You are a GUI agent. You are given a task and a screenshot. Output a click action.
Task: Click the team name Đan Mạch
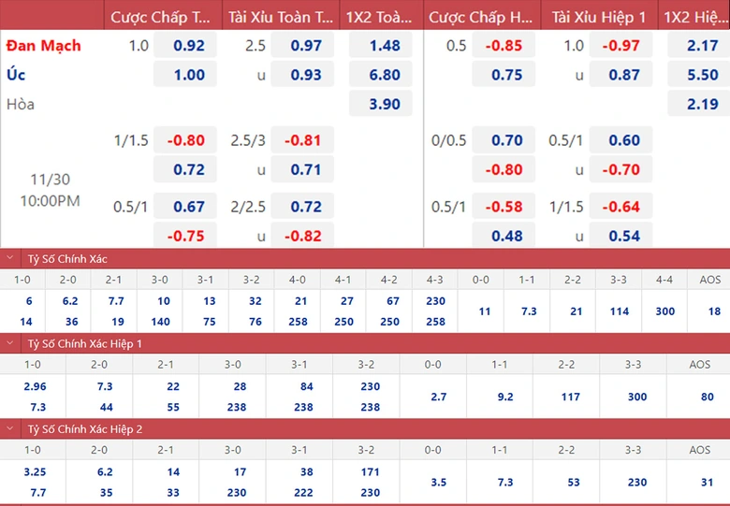(x=44, y=45)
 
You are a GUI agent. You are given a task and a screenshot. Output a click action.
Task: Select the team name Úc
(x=16, y=75)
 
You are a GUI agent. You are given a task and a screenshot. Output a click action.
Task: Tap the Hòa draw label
(x=21, y=104)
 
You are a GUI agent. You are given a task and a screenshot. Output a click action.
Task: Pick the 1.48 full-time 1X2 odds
(x=385, y=45)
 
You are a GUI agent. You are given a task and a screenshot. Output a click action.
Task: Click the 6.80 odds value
(x=385, y=75)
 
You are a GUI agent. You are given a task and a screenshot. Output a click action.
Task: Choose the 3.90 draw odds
(x=385, y=104)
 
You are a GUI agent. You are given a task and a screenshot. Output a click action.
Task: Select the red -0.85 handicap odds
(x=506, y=45)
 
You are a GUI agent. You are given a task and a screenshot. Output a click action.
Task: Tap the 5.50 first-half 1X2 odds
(x=703, y=75)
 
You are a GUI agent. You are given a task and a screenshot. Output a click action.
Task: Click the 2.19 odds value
(x=703, y=104)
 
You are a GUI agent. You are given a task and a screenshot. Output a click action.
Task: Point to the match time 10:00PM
(x=51, y=200)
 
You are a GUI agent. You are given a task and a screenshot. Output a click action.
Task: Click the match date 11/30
(x=51, y=179)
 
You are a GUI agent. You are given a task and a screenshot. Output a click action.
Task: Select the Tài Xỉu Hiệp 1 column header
(x=599, y=17)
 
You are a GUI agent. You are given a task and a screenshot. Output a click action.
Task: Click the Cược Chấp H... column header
(x=481, y=17)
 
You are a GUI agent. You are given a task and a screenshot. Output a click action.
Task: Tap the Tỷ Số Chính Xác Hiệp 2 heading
(x=85, y=428)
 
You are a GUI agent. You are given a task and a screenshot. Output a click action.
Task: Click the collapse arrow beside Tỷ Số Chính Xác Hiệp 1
(x=10, y=344)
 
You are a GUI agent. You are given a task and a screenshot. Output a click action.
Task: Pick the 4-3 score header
(x=435, y=279)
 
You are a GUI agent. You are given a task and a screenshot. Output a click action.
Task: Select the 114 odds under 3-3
(x=620, y=311)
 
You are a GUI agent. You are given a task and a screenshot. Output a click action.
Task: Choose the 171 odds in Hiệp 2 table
(x=370, y=472)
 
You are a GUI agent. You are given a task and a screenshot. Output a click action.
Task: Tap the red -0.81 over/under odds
(x=302, y=140)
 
